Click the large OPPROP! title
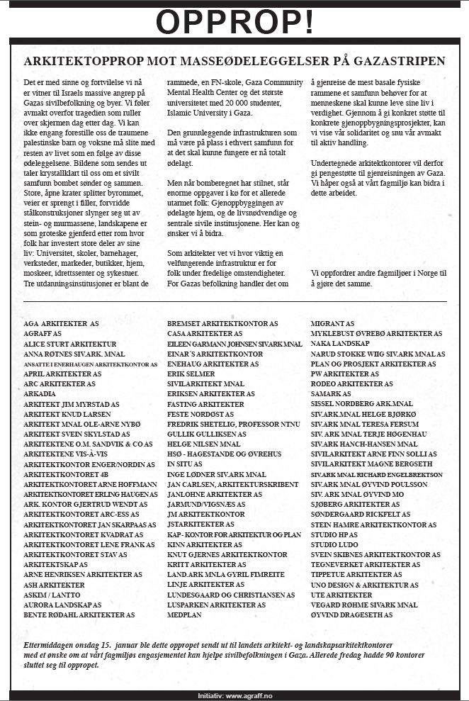pyautogui.click(x=234, y=23)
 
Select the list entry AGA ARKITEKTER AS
pyautogui.click(x=61, y=323)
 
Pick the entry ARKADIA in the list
pyautogui.click(x=40, y=393)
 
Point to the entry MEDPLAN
pyautogui.click(x=185, y=615)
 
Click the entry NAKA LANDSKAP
pyautogui.click(x=342, y=343)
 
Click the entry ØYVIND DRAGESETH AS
pyautogui.click(x=351, y=615)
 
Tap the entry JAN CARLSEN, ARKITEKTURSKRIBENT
pyautogui.click(x=226, y=484)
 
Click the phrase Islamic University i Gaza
pyautogui.click(x=210, y=113)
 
